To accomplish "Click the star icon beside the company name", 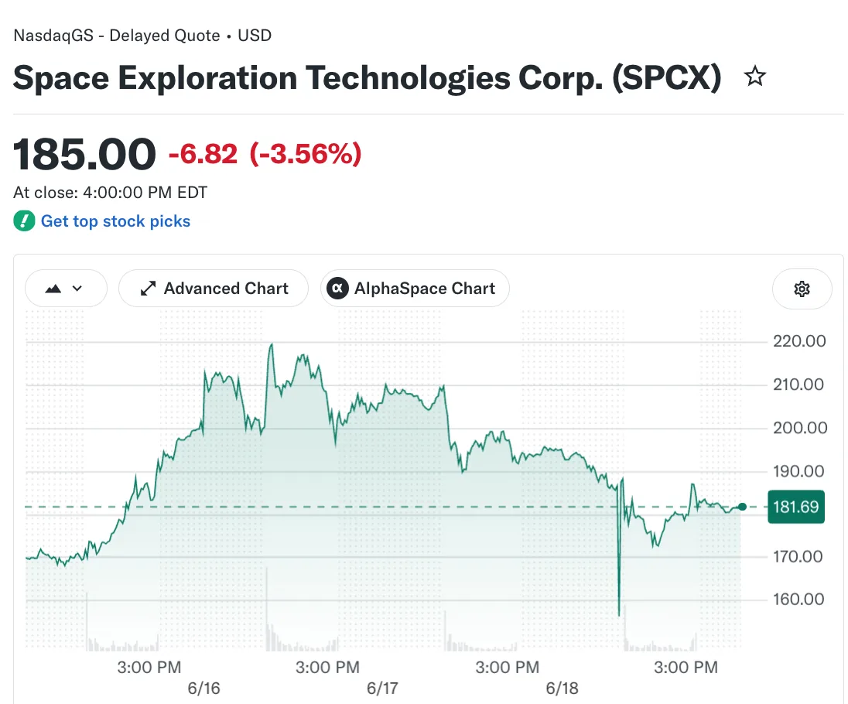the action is click(755, 77).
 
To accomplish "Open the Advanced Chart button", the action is click(214, 289).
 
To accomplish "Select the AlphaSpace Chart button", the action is click(415, 289).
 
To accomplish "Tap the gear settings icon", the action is click(802, 289).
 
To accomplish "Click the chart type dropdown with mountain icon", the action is click(66, 289).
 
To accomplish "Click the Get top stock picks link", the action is click(116, 221).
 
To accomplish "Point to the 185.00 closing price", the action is click(84, 154).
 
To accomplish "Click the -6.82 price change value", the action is click(203, 154).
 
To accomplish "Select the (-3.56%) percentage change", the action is click(306, 154).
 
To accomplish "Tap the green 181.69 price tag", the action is click(796, 507).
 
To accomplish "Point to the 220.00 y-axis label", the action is click(799, 341).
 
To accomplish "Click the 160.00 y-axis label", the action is click(798, 599).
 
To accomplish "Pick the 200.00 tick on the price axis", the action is click(800, 428).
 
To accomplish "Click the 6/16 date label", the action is click(204, 689).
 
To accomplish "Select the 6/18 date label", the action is click(562, 689).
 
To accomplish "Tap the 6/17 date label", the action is click(382, 689).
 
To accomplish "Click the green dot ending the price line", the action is click(742, 507).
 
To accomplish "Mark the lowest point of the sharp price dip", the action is click(619, 615).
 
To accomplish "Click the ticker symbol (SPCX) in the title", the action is click(666, 78).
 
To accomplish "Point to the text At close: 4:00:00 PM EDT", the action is click(111, 193).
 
